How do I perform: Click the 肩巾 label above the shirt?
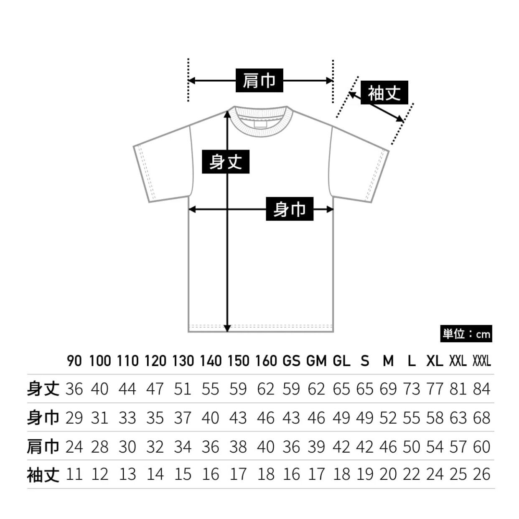pyautogui.click(x=259, y=80)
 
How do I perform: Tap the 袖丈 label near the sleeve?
pyautogui.click(x=384, y=92)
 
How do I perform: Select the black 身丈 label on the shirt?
pyautogui.click(x=226, y=162)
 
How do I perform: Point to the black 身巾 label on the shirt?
pyautogui.click(x=290, y=209)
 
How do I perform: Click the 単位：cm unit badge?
pyautogui.click(x=466, y=334)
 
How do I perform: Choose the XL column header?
pyautogui.click(x=435, y=361)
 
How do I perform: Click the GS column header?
pyautogui.click(x=291, y=361)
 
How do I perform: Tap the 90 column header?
pyautogui.click(x=74, y=361)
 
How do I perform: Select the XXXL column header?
pyautogui.click(x=481, y=361)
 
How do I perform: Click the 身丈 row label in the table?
pyautogui.click(x=43, y=389)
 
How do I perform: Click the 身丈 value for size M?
pyautogui.click(x=388, y=389)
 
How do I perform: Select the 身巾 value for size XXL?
pyautogui.click(x=458, y=418)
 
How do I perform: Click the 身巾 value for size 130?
pyautogui.click(x=182, y=418)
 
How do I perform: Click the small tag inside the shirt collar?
pyautogui.click(x=260, y=124)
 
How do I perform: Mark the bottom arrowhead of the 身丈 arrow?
pyautogui.click(x=227, y=328)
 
